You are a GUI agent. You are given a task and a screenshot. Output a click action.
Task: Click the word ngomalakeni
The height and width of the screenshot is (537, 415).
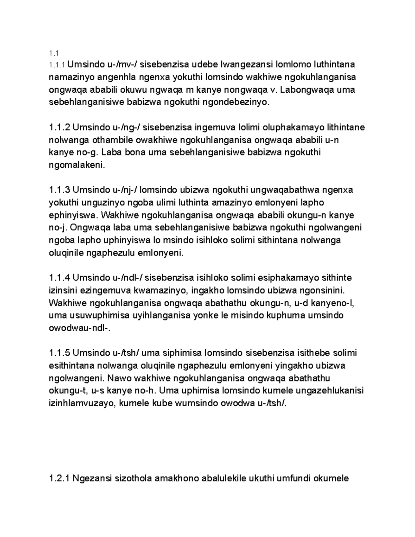pyautogui.click(x=76, y=165)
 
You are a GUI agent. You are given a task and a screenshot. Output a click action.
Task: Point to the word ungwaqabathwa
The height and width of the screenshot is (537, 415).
pyautogui.click(x=284, y=190)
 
